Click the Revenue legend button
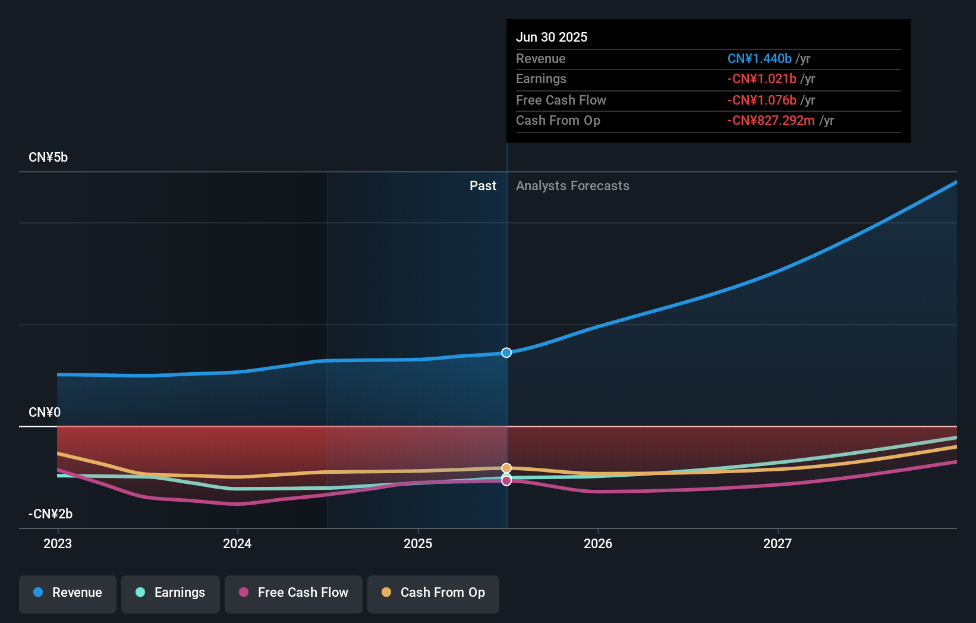[x=68, y=593]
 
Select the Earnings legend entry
[x=171, y=593]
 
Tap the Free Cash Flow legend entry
[x=294, y=593]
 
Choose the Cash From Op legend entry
[x=433, y=593]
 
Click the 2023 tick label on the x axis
[x=58, y=544]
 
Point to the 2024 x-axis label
[x=237, y=544]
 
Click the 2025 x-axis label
[x=418, y=544]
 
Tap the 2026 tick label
[x=598, y=544]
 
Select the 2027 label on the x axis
[x=777, y=544]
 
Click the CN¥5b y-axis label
[x=48, y=158]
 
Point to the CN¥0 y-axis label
[x=45, y=413]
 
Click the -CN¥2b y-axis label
[x=51, y=514]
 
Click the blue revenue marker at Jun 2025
[x=506, y=353]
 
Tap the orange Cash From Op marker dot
[x=506, y=468]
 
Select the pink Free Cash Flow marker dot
[x=506, y=481]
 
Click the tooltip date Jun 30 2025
[x=552, y=37]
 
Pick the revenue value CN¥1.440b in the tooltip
[x=759, y=59]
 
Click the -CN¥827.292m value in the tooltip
[x=771, y=121]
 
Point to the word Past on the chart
[x=483, y=186]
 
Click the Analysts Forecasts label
[x=572, y=186]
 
